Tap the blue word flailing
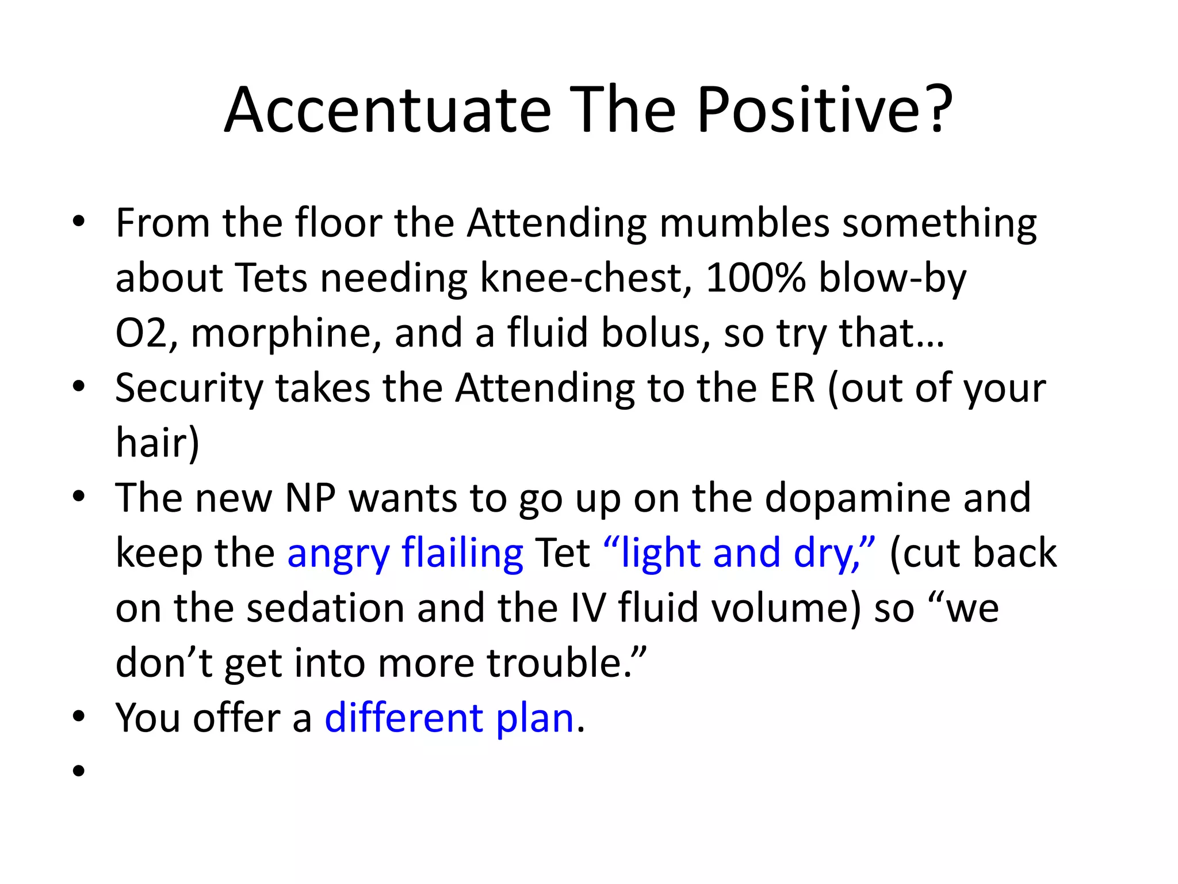462,554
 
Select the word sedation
325,608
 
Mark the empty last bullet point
79,771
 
